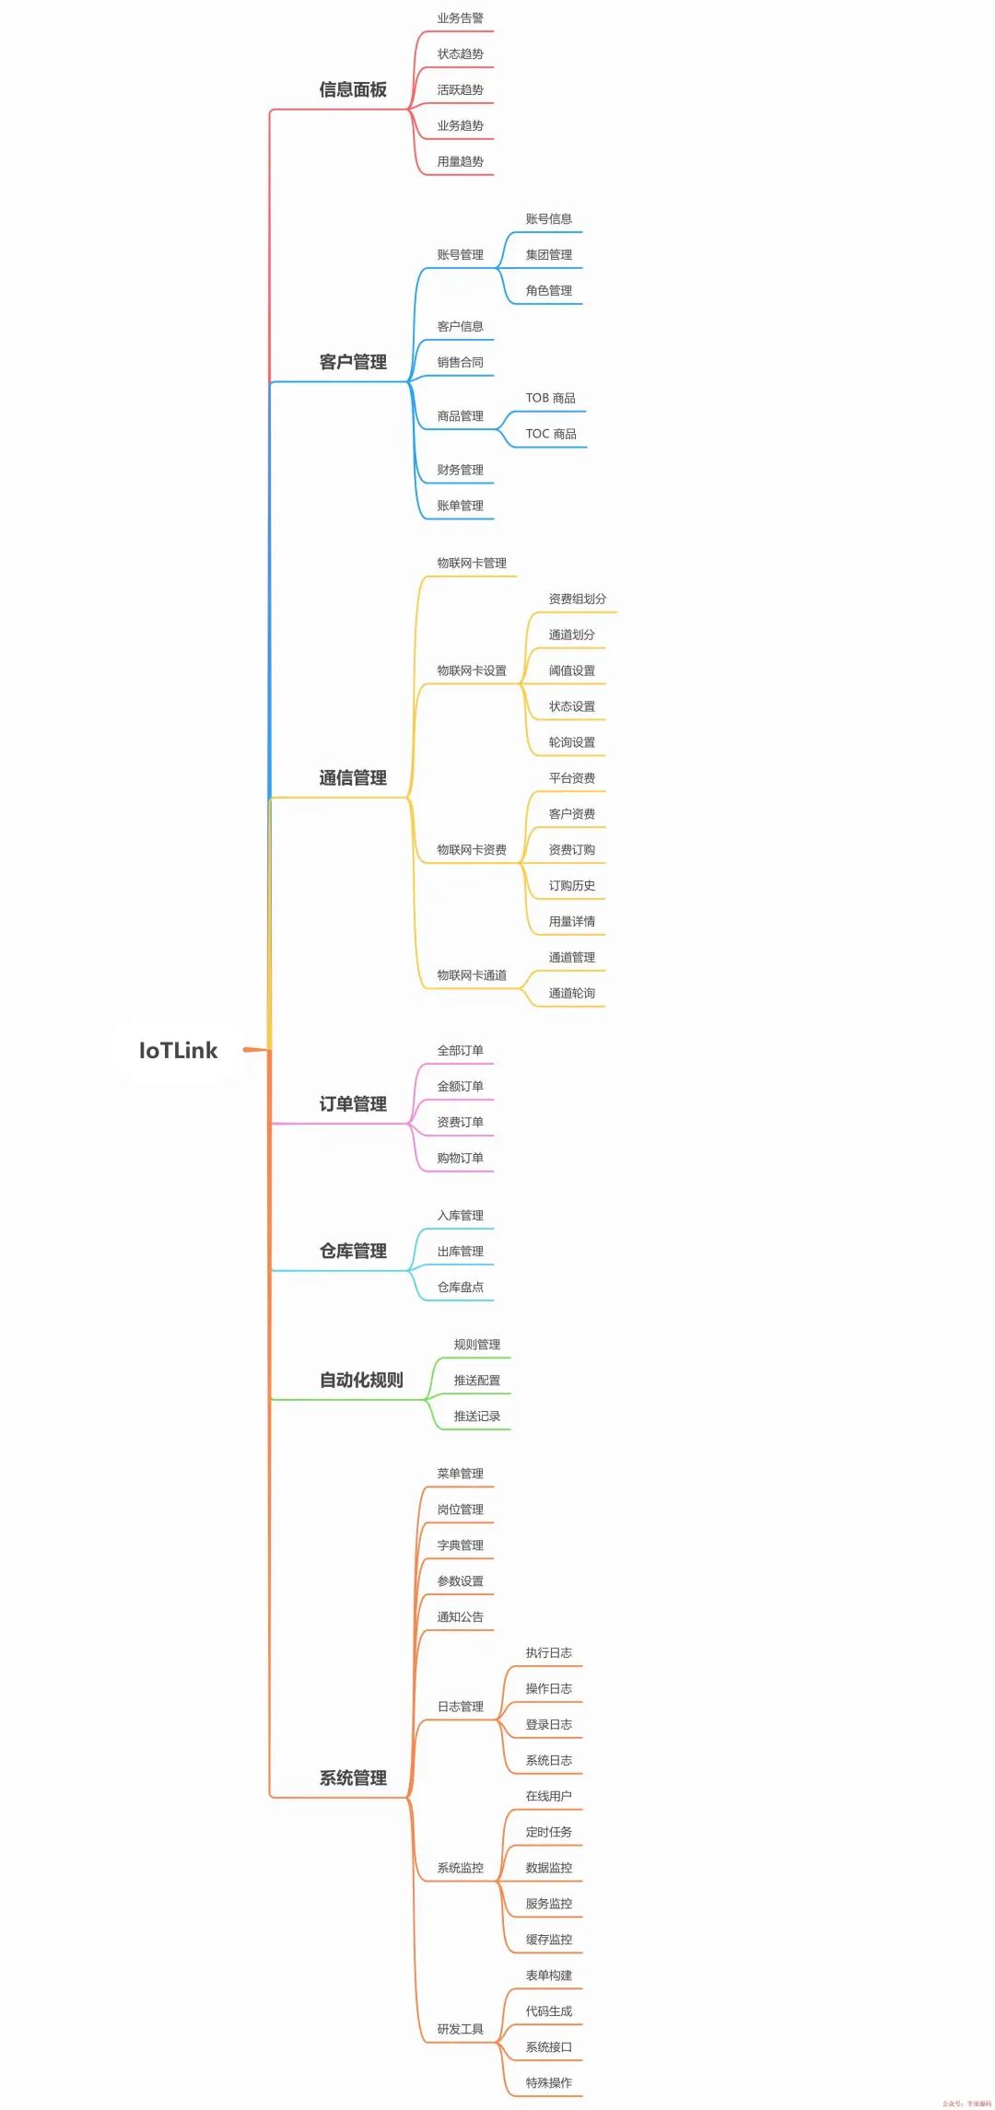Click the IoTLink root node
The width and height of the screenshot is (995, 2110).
178,1050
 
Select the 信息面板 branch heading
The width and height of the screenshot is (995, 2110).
353,89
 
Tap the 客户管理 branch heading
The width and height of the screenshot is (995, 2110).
353,362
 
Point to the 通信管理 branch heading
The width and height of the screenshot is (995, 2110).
353,778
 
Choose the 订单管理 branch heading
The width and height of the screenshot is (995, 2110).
353,1104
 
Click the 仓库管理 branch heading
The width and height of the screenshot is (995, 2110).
353,1251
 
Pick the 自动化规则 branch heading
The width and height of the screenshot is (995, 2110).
361,1380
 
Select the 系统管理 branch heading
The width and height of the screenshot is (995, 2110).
353,1778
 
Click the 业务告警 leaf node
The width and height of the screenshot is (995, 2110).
460,18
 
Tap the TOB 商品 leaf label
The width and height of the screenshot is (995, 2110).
551,398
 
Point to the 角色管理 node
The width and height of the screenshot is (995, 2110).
549,290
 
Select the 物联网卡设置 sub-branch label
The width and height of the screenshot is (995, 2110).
472,670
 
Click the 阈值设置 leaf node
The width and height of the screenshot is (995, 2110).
572,670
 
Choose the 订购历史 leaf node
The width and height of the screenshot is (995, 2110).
572,886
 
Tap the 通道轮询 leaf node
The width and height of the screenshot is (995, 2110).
572,993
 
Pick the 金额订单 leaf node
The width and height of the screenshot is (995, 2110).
460,1087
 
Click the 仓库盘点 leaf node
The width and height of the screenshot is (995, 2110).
460,1287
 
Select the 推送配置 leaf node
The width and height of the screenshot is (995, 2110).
477,1381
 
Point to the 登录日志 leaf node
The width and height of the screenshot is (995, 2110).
549,1724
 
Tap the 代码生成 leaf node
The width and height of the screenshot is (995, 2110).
549,2011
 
